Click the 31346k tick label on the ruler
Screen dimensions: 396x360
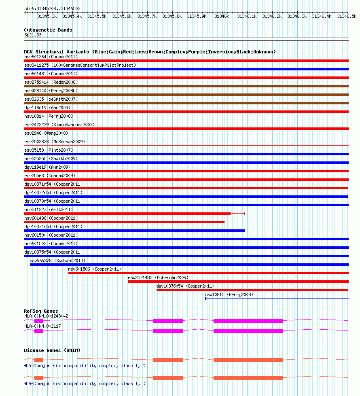pyautogui.click(x=222, y=16)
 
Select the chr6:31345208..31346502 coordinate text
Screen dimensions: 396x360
pyautogui.click(x=52, y=8)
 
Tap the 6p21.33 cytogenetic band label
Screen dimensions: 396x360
pyautogui.click(x=33, y=35)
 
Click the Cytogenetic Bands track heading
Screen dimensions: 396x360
pyautogui.click(x=48, y=30)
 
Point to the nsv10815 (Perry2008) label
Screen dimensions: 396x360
pyautogui.click(x=229, y=294)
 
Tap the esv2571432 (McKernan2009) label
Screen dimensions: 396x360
pyautogui.click(x=158, y=277)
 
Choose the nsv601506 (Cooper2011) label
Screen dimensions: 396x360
pyautogui.click(x=95, y=269)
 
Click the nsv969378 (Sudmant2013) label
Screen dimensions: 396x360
pyautogui.click(x=57, y=260)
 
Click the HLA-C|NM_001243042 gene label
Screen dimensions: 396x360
pyautogui.click(x=46, y=316)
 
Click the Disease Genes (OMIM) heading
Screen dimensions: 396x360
pyautogui.click(x=52, y=350)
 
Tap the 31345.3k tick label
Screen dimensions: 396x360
pyautogui.click(x=47, y=16)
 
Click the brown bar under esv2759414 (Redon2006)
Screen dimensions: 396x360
pyautogui.click(x=186, y=86)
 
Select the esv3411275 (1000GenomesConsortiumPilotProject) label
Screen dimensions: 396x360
pyautogui.click(x=80, y=65)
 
